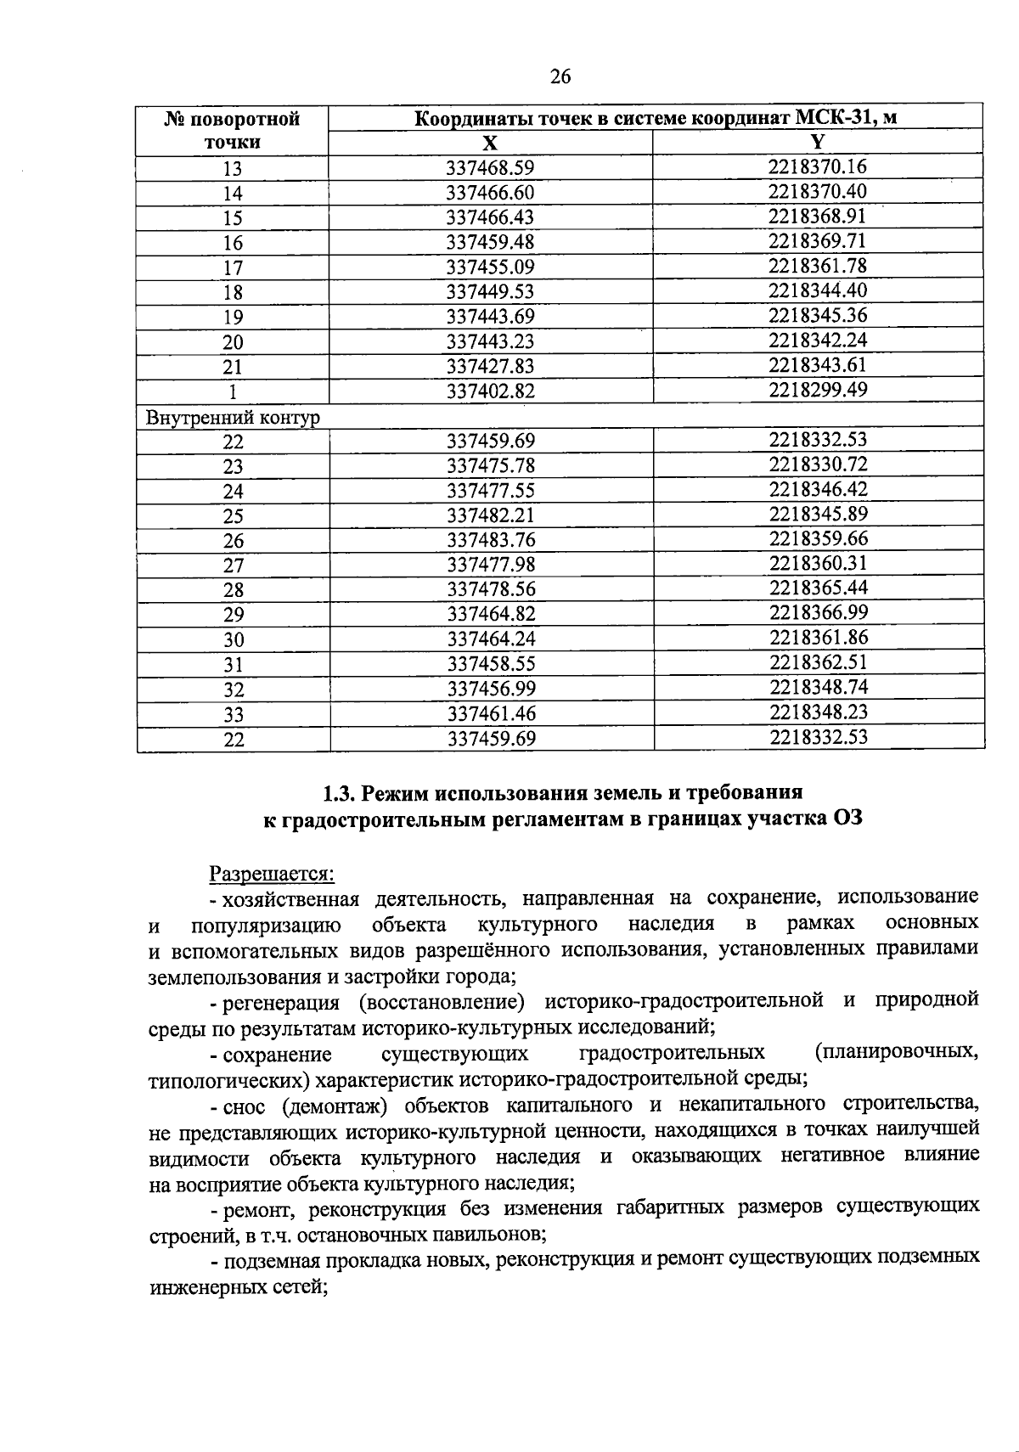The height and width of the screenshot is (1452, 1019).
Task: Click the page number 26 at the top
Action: click(x=560, y=78)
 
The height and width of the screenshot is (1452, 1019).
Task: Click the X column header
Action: click(x=490, y=143)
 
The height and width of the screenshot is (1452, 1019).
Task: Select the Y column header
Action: click(x=818, y=142)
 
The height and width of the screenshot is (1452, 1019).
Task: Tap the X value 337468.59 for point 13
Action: click(x=490, y=168)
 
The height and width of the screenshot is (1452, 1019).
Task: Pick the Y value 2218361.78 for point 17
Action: click(x=818, y=266)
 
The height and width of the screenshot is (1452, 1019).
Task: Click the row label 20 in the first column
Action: click(x=233, y=342)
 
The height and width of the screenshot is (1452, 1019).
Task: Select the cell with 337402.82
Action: click(x=490, y=391)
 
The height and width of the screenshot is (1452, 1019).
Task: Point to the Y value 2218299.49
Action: click(x=818, y=390)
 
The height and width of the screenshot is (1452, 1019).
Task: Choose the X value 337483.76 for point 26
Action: click(x=491, y=540)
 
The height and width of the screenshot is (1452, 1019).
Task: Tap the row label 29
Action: click(x=233, y=615)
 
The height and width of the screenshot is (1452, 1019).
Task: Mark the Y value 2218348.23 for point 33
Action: click(x=819, y=712)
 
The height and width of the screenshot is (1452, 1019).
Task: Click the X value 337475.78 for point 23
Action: click(x=491, y=466)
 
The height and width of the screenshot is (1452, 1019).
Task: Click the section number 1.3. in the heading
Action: click(x=340, y=794)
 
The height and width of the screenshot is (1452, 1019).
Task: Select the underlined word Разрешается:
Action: click(x=273, y=873)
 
